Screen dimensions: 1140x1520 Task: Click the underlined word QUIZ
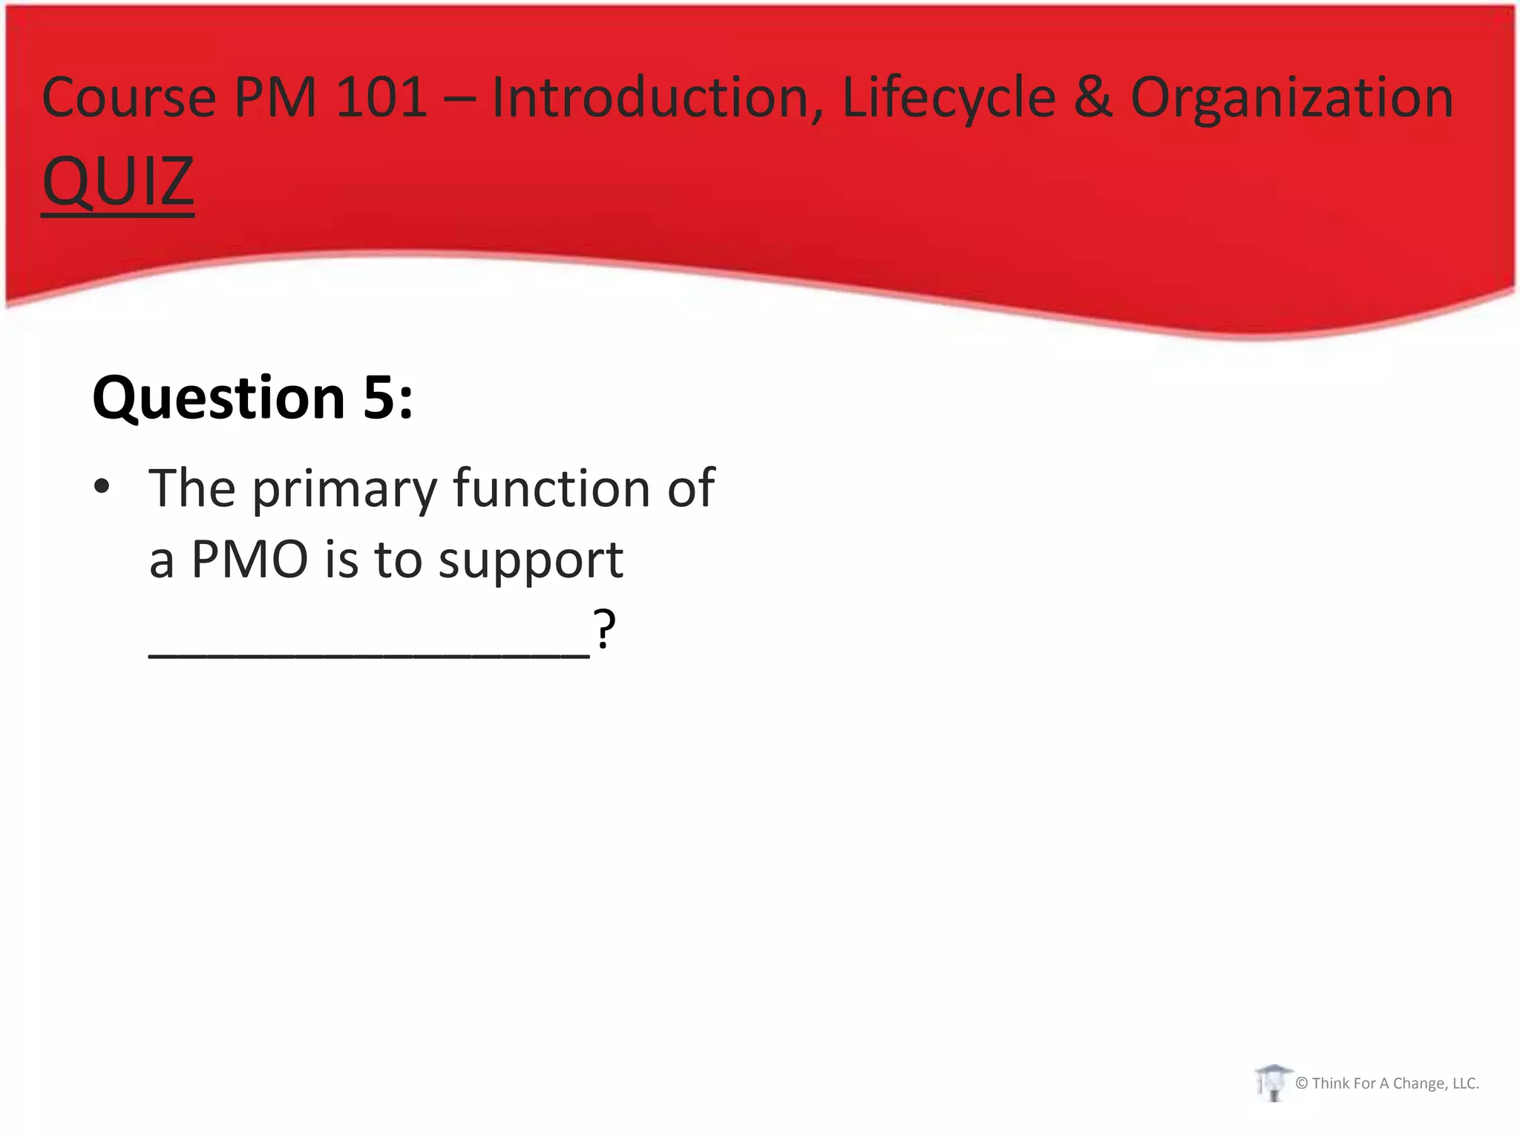coord(118,182)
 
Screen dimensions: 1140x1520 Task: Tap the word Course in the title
coord(128,98)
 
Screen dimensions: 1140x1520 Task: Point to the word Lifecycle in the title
coord(949,98)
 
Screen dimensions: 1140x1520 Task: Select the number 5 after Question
coord(379,399)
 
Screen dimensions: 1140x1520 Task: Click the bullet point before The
coord(102,487)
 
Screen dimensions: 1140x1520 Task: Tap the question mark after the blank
coord(604,629)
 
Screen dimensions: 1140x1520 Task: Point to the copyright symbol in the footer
coord(1301,1084)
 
